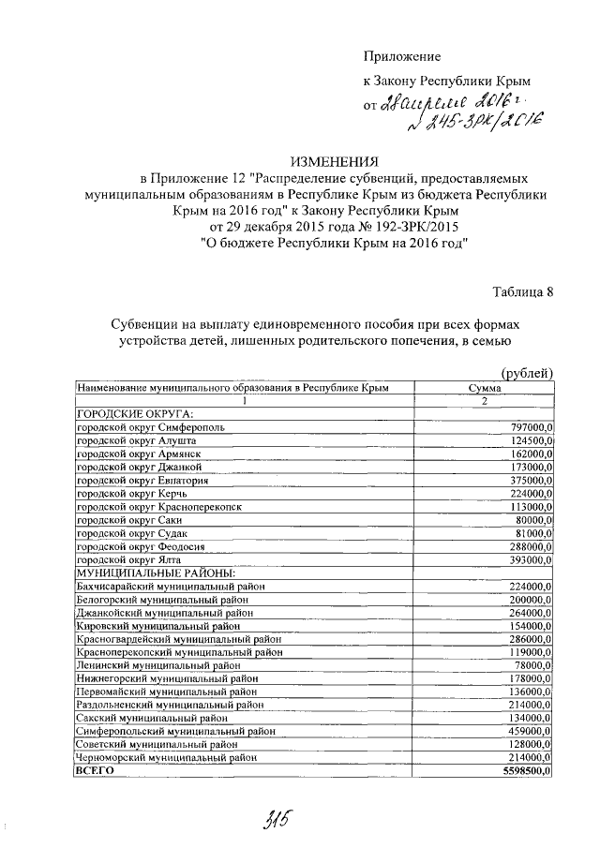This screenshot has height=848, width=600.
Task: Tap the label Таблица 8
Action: click(522, 290)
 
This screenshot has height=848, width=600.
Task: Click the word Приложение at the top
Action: click(401, 57)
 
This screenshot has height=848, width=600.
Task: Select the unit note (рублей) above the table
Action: click(528, 373)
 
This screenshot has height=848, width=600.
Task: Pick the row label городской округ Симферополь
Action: click(151, 427)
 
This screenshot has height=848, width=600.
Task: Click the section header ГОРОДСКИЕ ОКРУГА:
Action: click(135, 413)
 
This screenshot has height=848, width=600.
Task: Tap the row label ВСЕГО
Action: click(95, 770)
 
